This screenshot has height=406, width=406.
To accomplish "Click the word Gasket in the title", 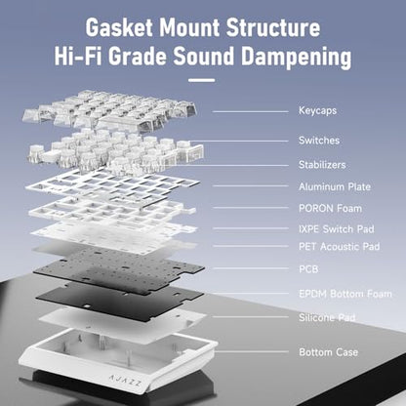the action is (x=119, y=27).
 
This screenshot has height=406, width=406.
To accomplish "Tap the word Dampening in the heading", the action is (x=297, y=57).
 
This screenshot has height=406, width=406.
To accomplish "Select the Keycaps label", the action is (x=318, y=111).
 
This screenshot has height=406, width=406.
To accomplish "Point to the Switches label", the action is (x=319, y=141).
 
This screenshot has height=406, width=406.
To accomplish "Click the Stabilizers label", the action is (x=322, y=165).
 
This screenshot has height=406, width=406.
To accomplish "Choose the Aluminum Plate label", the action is (x=335, y=186).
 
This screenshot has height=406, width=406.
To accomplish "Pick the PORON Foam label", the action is (x=330, y=208).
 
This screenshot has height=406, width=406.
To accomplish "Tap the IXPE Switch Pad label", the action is (x=337, y=229).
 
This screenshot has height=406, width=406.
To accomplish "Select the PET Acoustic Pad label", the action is (x=340, y=246).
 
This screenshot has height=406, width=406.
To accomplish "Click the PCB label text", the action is (x=308, y=269).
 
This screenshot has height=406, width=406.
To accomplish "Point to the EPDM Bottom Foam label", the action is (x=345, y=294).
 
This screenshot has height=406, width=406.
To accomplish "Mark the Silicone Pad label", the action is (x=327, y=317).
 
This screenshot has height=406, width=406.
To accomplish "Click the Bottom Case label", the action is (x=329, y=352).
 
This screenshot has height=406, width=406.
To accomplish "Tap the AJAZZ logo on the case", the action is (x=125, y=381).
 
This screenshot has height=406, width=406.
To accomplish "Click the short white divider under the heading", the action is (x=202, y=80).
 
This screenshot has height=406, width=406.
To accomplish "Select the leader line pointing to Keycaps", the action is (x=251, y=111).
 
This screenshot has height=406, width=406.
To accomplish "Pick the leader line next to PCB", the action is (x=251, y=268).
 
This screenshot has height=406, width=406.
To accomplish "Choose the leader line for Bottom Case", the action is (x=251, y=351).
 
